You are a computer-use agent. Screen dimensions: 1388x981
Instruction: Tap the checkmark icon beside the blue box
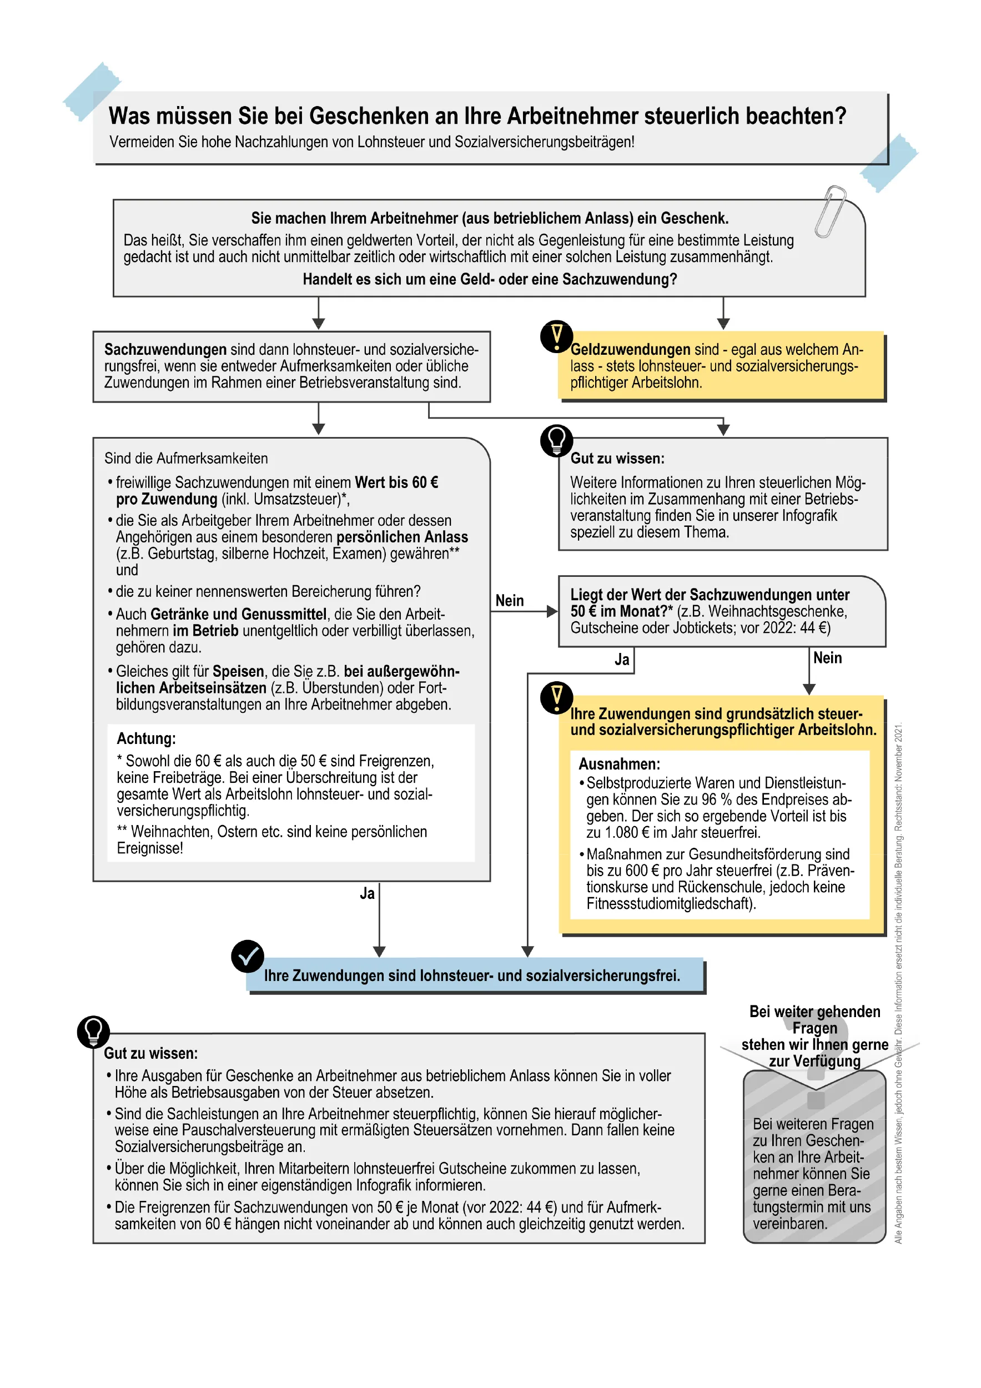247,957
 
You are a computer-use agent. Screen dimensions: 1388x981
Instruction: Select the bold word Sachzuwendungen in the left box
165,349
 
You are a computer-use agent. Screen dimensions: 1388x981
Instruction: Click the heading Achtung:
146,739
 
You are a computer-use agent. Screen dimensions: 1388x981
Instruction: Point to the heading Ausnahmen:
619,763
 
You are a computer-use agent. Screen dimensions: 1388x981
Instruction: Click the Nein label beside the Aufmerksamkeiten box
509,600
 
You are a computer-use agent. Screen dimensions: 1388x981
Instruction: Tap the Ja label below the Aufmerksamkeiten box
367,893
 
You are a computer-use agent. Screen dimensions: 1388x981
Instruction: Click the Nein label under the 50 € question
827,658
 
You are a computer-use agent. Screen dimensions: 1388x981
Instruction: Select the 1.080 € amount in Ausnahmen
627,832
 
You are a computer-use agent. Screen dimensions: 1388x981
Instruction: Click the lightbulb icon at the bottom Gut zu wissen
94,1032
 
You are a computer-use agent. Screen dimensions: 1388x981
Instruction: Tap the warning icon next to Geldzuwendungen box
556,336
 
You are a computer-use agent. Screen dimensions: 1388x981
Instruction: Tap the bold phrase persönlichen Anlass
402,537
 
